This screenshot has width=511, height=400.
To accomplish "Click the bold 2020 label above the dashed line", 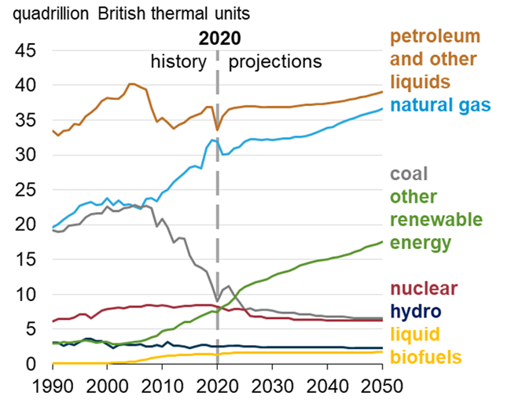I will tap(219, 39).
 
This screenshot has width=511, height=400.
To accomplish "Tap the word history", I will tap(178, 61).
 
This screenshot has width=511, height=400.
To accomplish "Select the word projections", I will tap(274, 61).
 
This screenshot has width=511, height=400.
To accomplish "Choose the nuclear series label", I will tap(423, 288).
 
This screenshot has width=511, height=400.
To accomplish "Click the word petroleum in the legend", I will tap(435, 37).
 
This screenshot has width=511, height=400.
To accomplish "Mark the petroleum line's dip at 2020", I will tap(218, 130).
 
